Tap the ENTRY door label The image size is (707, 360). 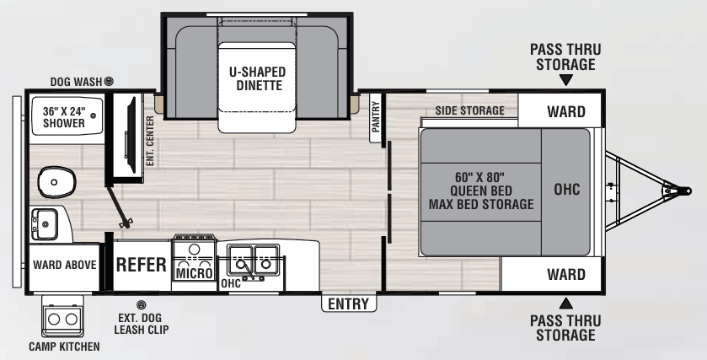(x=349, y=304)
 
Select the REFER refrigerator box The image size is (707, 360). (x=141, y=264)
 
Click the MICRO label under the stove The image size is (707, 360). (x=194, y=273)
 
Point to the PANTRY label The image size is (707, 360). (x=376, y=117)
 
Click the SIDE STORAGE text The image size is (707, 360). (x=469, y=110)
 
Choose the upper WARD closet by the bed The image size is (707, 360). (x=565, y=111)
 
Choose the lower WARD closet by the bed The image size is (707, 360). (x=565, y=275)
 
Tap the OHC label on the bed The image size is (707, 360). (x=566, y=191)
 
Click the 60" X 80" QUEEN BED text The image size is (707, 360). (x=480, y=191)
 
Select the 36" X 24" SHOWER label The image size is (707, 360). (x=64, y=117)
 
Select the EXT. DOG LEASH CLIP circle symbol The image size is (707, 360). (x=141, y=304)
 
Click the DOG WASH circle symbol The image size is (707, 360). (x=108, y=81)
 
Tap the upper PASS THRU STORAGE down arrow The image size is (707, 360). (x=565, y=81)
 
